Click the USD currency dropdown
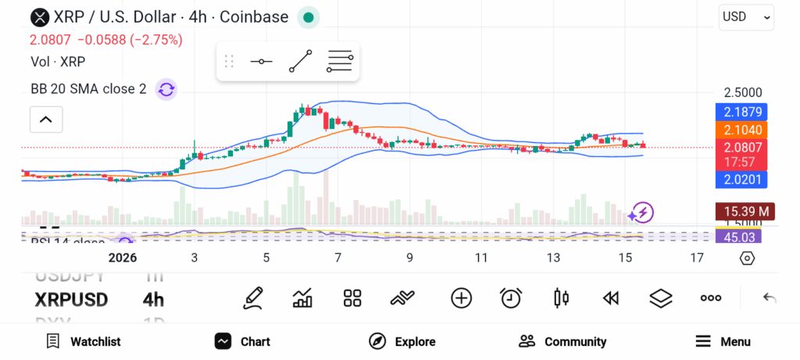pos(746,16)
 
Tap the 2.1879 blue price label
pos(741,112)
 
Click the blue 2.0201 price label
pos(741,180)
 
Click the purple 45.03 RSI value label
pos(738,237)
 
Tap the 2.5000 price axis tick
pos(742,92)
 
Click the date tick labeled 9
pos(409,258)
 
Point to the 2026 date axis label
pos(123,258)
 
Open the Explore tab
pos(402,341)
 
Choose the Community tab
pos(562,341)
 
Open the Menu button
pos(723,341)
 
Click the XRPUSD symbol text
pos(71,300)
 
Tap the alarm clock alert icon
pos(511,298)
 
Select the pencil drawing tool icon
pos(252,298)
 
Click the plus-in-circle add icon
pos(461,298)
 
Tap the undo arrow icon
pos(770,298)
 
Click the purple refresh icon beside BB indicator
pos(166,89)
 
